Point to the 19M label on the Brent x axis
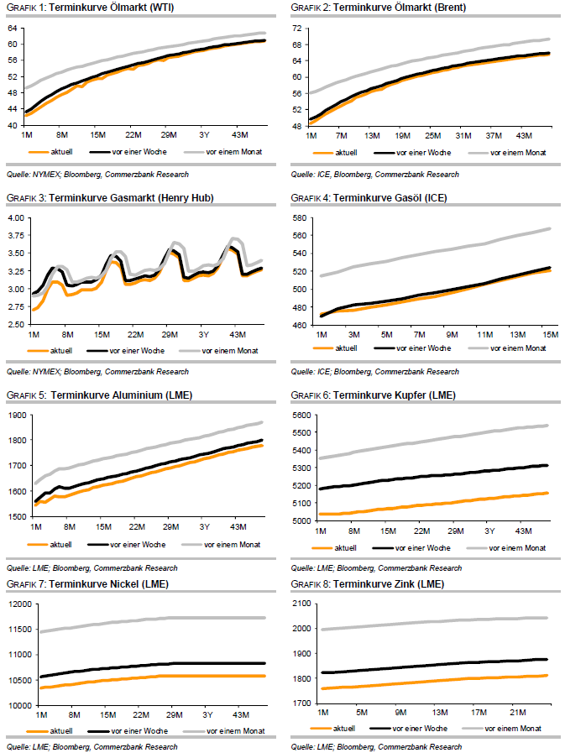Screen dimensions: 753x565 (402, 134)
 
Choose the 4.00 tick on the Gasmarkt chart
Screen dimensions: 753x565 (14, 217)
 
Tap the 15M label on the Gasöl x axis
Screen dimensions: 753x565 (551, 333)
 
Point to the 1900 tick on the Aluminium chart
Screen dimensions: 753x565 (14, 415)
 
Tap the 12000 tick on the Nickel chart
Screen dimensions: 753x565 (17, 604)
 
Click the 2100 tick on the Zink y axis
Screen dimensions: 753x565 (301, 604)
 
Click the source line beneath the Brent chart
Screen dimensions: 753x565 (374, 174)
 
